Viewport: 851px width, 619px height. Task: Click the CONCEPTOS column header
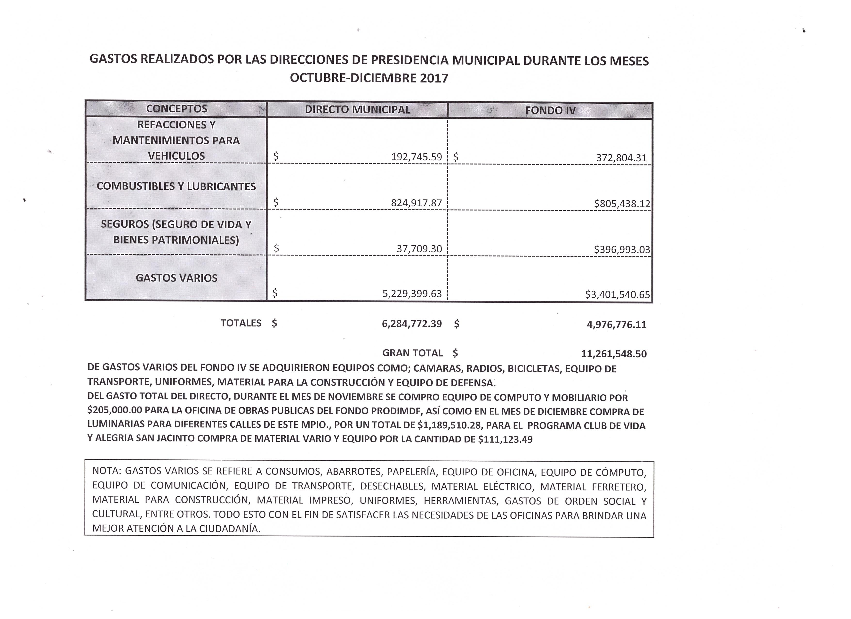176,109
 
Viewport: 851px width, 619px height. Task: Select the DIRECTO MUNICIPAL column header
357,110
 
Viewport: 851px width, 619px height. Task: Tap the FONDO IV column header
550,110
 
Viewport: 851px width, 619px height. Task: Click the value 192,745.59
417,157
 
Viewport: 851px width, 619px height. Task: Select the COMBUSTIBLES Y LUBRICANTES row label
176,187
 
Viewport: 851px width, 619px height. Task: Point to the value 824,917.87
417,203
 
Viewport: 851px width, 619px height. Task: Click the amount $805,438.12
622,204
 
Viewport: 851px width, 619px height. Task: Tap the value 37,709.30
419,249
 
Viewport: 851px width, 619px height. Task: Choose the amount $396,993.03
622,250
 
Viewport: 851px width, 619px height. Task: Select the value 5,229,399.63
412,293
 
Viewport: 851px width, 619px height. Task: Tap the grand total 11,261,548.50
614,354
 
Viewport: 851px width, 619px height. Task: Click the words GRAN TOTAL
412,353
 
